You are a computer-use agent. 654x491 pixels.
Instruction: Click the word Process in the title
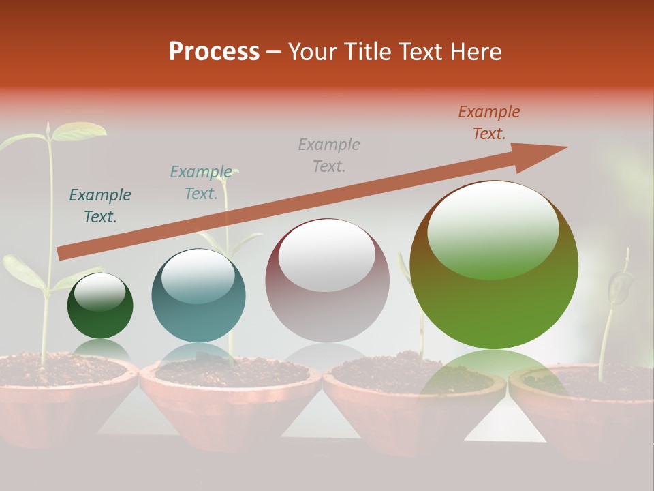point(214,52)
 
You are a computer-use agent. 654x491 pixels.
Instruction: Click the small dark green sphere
point(100,306)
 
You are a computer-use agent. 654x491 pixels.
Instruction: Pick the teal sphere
point(198,295)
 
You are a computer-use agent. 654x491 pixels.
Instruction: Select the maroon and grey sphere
point(327,280)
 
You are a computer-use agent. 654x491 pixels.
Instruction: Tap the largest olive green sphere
point(494,265)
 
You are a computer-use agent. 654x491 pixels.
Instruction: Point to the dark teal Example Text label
point(100,206)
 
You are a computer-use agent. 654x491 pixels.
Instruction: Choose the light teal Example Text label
point(201,183)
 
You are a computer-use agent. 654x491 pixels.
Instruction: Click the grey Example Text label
point(329,155)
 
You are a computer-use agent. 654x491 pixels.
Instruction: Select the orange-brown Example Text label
point(489,123)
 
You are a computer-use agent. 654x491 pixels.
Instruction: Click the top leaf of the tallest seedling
point(78,130)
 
